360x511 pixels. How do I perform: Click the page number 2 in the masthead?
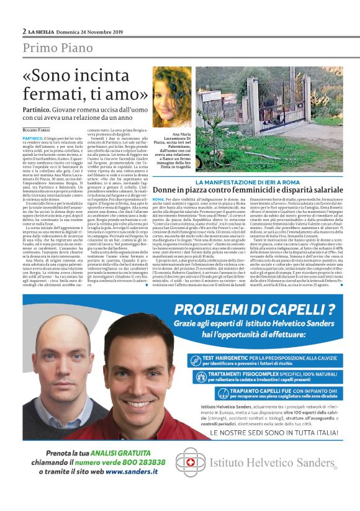24,30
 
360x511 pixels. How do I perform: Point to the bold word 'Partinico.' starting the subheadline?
40,109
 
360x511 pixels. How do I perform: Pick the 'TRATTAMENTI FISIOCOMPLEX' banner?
261,378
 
